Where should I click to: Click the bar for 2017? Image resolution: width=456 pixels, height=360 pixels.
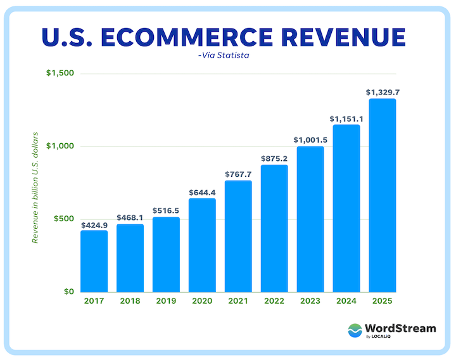(94, 261)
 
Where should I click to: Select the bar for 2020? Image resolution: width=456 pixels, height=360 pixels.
(202, 245)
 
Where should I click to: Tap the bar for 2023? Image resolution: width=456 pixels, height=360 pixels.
(310, 219)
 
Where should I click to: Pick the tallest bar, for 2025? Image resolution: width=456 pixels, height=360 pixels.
(383, 195)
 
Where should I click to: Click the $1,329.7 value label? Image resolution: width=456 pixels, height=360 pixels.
(383, 93)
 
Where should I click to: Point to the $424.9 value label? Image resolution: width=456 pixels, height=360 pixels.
(94, 224)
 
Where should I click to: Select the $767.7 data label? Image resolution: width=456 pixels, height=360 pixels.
(238, 174)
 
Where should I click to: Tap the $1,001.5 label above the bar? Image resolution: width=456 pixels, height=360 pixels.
(310, 140)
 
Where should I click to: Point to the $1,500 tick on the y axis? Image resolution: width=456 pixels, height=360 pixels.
(60, 74)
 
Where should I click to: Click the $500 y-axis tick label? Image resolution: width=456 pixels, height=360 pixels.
(64, 219)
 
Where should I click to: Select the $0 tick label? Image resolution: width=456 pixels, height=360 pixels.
(68, 292)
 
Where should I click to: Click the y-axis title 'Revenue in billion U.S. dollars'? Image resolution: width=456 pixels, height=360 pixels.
(35, 187)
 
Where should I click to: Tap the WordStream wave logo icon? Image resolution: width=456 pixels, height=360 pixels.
(356, 331)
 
